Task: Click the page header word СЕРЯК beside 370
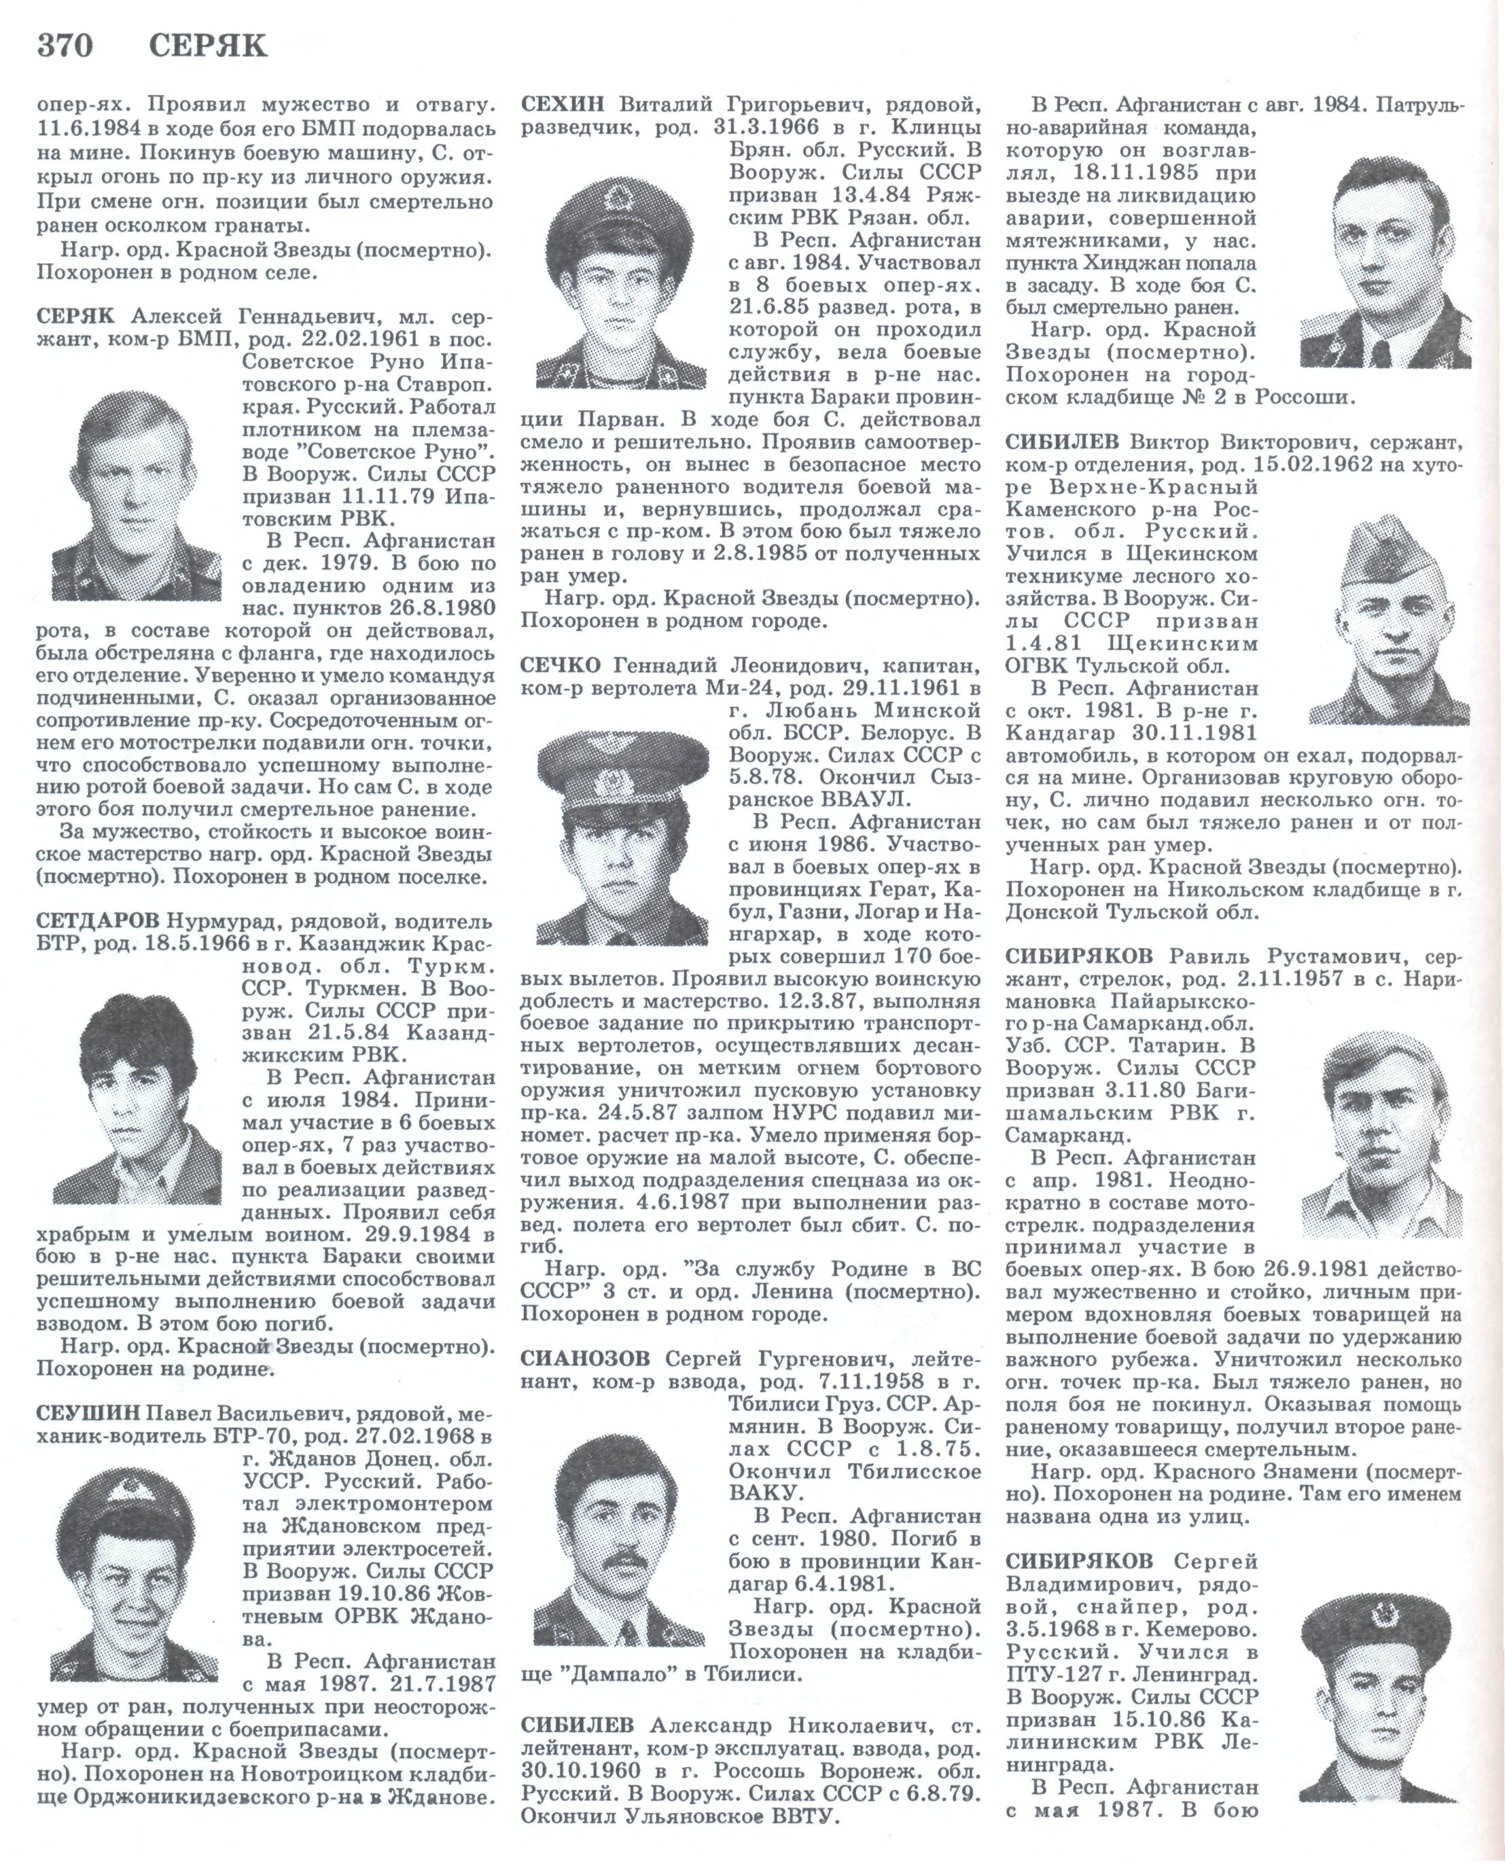[207, 44]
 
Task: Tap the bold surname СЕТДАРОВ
[97, 920]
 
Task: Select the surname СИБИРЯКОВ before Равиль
[1080, 957]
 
